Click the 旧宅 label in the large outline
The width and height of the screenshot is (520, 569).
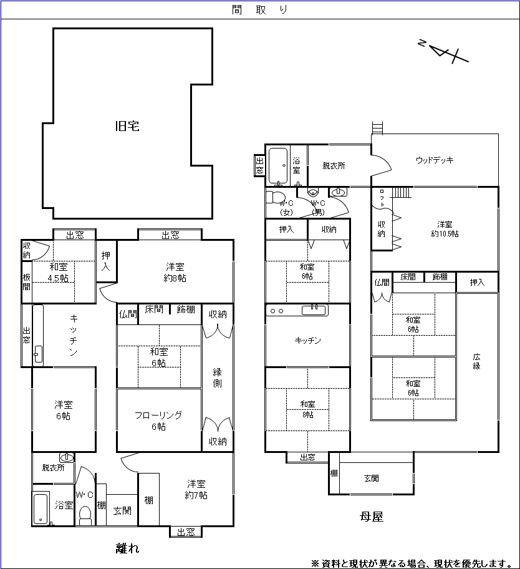click(x=127, y=126)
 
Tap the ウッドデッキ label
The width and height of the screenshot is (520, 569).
click(x=434, y=160)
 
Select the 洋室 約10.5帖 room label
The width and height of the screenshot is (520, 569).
click(x=445, y=229)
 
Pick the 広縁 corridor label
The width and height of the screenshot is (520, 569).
click(x=476, y=361)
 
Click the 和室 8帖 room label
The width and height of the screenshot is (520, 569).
click(x=307, y=409)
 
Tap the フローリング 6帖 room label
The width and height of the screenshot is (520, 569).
click(x=158, y=421)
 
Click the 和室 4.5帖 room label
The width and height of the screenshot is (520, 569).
click(x=59, y=273)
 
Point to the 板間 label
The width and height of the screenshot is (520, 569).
click(x=27, y=282)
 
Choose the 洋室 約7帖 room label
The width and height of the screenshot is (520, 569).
click(x=196, y=489)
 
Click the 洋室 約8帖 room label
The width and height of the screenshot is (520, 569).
click(x=175, y=272)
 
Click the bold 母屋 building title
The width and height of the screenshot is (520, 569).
click(x=371, y=517)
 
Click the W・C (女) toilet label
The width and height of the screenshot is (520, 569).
click(x=286, y=208)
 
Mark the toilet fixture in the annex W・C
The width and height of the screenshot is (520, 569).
click(x=85, y=515)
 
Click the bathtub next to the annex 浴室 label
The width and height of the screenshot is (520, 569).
click(x=41, y=508)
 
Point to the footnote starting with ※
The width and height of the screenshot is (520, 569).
click(x=411, y=563)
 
